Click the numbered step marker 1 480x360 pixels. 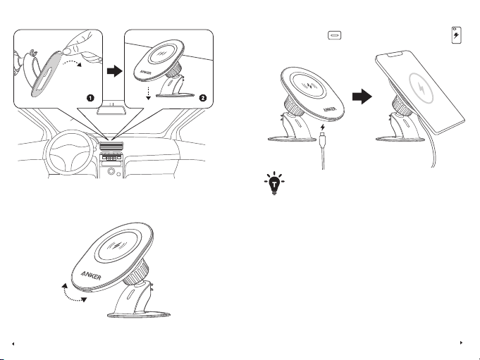pos(90,98)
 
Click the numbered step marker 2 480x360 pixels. pos(203,98)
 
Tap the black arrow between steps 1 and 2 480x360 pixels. pos(114,71)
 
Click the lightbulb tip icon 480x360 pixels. pos(274,183)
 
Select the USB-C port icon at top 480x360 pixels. pos(335,35)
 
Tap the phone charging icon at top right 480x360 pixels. pos(457,35)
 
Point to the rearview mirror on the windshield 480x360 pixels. pos(112,109)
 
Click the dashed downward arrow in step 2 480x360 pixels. pos(148,93)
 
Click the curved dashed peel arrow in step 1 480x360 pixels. pos(72,62)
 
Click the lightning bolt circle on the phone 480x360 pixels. pos(421,88)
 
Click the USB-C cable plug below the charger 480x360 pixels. pos(322,139)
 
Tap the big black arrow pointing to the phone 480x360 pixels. pos(362,97)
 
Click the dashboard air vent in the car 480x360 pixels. pos(112,146)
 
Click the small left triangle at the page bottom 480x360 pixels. pos(13,344)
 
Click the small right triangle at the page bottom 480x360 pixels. pos(462,343)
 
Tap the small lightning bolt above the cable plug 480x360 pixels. pos(322,128)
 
